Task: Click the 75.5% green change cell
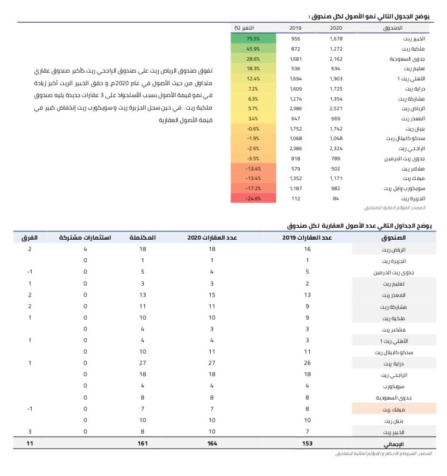[252, 38]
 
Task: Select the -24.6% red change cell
[252, 198]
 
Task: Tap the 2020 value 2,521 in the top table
[336, 109]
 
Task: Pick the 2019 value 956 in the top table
[295, 38]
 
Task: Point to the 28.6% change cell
[252, 58]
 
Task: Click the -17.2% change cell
[252, 188]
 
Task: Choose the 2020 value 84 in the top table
[336, 198]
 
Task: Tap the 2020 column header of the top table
[336, 27]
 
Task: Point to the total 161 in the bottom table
[143, 443]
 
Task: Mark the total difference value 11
[29, 443]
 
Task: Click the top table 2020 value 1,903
[336, 78]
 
